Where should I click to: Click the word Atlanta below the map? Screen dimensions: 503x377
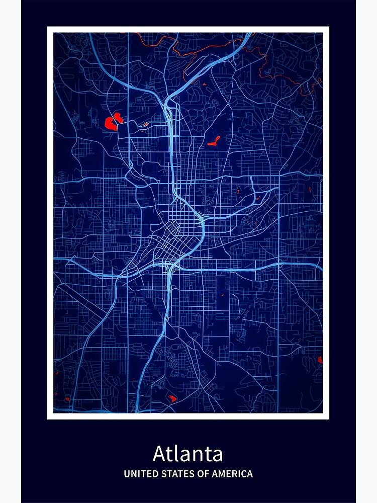(x=188, y=454)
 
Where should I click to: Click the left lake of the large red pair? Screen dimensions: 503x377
(x=109, y=123)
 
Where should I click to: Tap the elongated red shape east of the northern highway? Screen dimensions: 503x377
(x=214, y=141)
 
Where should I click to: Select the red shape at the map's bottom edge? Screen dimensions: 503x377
(x=172, y=398)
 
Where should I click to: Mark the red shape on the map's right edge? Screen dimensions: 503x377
(x=320, y=360)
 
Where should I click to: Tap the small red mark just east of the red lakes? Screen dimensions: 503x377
(x=145, y=124)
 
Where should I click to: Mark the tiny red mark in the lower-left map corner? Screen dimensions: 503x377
(x=56, y=373)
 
